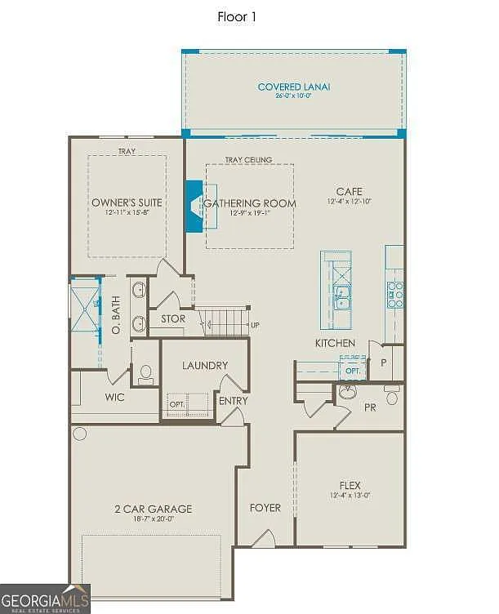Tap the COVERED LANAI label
point(294,87)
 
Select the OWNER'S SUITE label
point(127,202)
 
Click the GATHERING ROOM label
point(250,202)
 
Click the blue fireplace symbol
point(194,207)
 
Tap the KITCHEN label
point(335,343)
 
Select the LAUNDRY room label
point(204,366)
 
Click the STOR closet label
point(172,319)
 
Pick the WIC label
point(114,398)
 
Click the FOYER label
point(265,508)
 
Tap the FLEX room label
point(350,485)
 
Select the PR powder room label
point(369,406)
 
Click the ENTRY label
point(231,400)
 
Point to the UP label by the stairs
point(255,325)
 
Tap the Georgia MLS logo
point(45,598)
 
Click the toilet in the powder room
point(392,398)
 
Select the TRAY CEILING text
point(249,160)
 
